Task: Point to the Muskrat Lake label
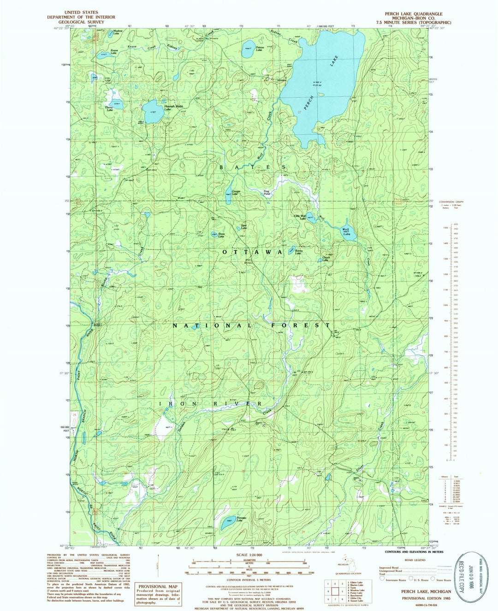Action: [x=107, y=32]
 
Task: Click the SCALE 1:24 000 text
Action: [x=249, y=554]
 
